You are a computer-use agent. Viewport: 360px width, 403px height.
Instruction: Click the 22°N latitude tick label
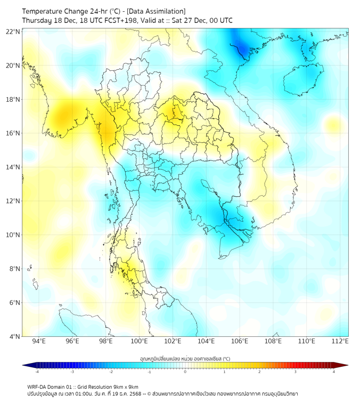tap(13, 31)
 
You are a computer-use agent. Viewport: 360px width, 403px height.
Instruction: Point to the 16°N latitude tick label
tap(13, 133)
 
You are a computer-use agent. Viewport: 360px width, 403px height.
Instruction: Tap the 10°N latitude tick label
tap(13, 235)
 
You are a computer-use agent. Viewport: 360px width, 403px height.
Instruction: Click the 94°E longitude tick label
tap(39, 341)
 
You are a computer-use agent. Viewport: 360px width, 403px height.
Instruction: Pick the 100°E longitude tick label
tap(139, 341)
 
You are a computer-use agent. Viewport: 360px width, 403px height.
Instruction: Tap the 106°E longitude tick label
tap(239, 341)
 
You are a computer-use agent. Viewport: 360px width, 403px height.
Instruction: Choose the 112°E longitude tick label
tap(340, 341)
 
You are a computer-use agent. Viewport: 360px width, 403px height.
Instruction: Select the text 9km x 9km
tap(122, 386)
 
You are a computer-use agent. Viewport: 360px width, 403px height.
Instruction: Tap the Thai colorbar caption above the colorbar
tap(185, 359)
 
